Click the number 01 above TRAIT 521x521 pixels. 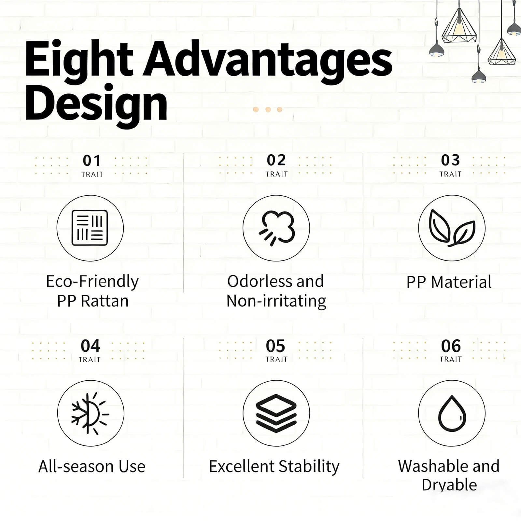(92, 161)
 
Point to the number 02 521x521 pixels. (276, 160)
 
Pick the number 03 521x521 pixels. (450, 160)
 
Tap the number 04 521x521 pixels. (90, 346)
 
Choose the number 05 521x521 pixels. (275, 346)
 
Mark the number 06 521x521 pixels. (451, 346)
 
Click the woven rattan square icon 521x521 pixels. (90, 228)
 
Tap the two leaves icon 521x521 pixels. (452, 228)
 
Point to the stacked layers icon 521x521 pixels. (276, 413)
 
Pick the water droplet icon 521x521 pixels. (452, 413)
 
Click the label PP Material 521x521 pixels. (449, 282)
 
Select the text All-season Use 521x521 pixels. (92, 466)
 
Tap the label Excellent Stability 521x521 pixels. (274, 467)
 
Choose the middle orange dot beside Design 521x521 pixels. (268, 109)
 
